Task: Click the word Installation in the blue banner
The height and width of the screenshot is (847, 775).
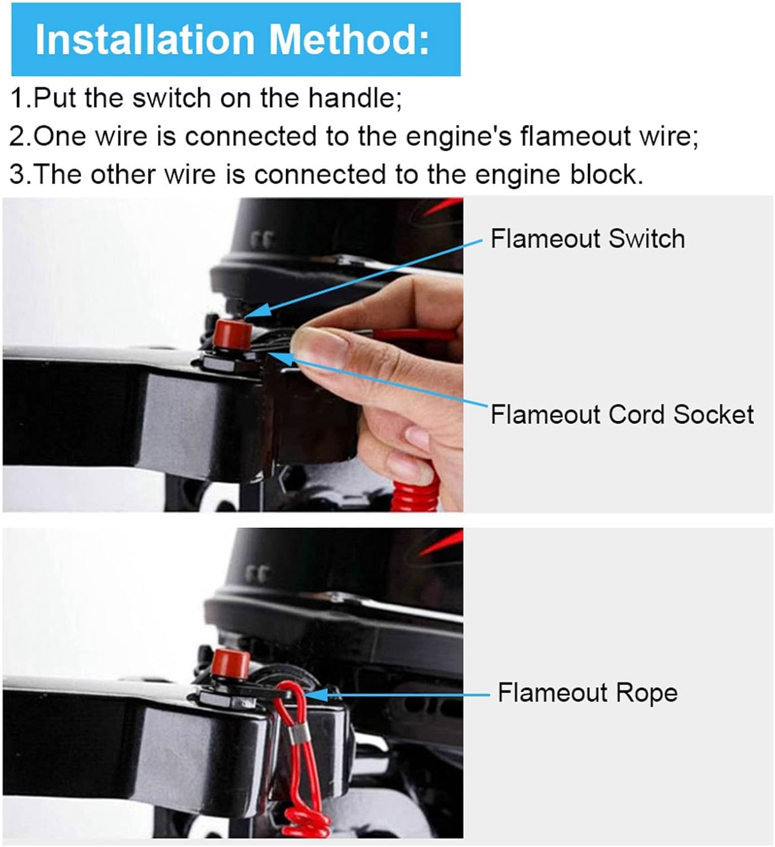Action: [145, 40]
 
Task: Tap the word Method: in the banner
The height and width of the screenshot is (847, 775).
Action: [349, 40]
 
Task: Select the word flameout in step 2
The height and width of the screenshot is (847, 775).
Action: [575, 137]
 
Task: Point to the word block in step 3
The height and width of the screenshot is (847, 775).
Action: [607, 174]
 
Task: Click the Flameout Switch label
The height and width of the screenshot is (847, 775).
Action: [588, 239]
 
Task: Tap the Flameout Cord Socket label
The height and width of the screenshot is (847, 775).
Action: [622, 414]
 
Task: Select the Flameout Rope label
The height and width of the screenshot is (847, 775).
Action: [588, 693]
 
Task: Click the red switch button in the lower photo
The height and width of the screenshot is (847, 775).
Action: [230, 665]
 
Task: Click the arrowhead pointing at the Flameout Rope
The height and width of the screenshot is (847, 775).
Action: [316, 695]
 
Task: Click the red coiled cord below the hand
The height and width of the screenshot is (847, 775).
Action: [414, 490]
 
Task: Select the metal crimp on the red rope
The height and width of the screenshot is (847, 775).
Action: [300, 736]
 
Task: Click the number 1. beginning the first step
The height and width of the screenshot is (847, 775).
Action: [21, 98]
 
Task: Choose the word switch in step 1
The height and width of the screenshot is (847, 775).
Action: [172, 98]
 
